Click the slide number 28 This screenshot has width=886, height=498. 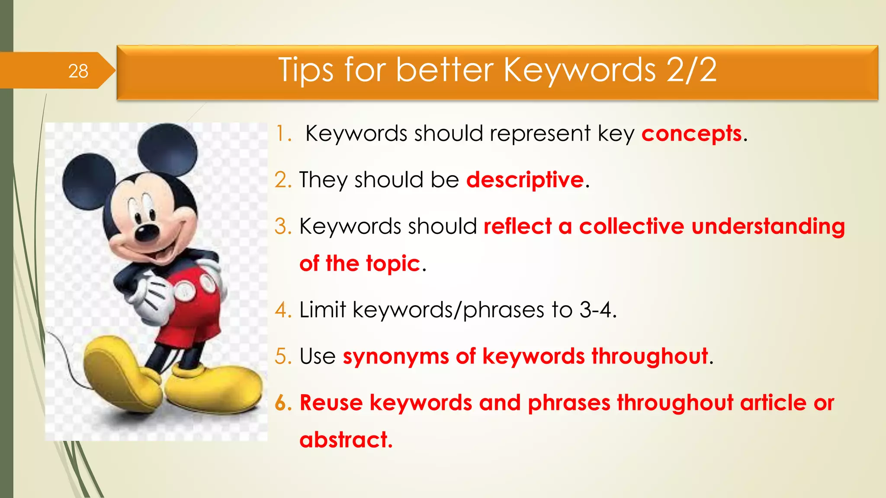click(78, 71)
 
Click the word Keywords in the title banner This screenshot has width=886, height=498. click(580, 70)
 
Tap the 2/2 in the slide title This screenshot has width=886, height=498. click(691, 70)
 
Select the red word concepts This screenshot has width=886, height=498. click(691, 134)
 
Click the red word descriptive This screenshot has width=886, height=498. click(525, 180)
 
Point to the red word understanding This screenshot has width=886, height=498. click(768, 227)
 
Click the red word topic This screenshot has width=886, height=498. click(393, 264)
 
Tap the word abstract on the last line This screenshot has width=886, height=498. click(345, 440)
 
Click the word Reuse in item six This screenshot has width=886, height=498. click(331, 403)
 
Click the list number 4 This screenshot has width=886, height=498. click(283, 310)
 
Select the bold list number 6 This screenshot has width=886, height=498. click(283, 403)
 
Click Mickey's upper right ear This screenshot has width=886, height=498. click(168, 149)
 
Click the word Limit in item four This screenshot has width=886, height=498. click(322, 310)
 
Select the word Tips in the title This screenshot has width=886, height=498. click(305, 70)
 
